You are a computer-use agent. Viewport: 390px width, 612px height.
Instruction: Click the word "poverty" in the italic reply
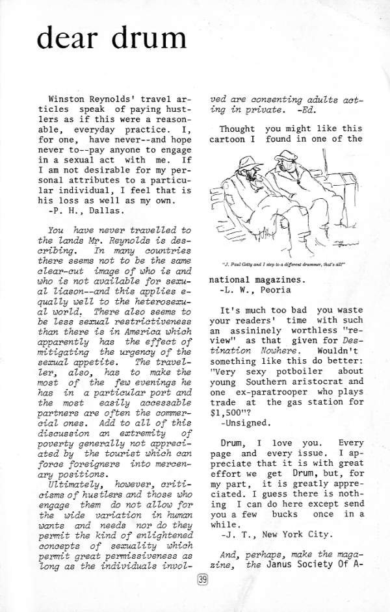pyautogui.click(x=61, y=448)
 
